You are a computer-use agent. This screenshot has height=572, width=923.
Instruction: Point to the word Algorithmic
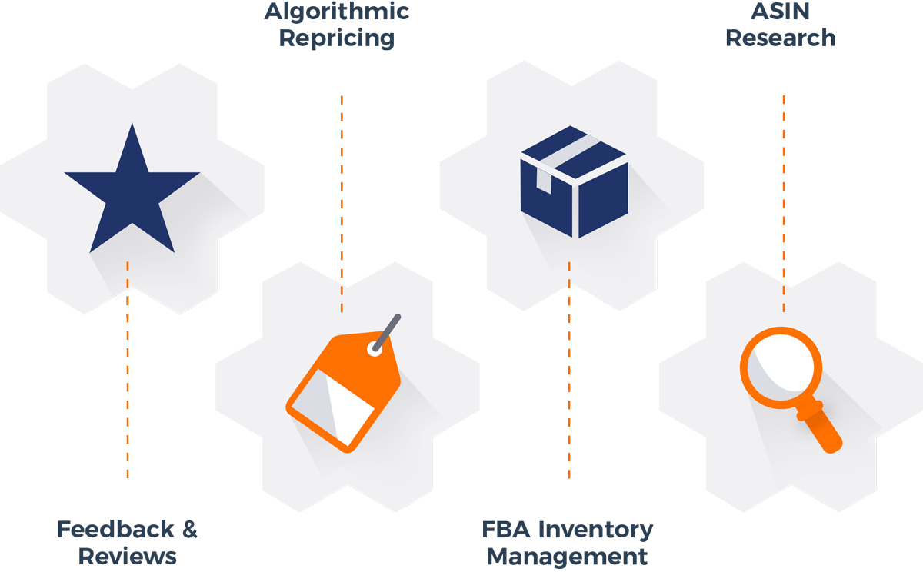(x=336, y=12)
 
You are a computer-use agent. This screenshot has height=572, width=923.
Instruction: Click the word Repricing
(x=336, y=38)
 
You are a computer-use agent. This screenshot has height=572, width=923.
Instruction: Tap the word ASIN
(x=781, y=12)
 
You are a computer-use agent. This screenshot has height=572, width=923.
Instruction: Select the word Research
(x=781, y=38)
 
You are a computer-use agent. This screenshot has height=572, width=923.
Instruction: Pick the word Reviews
(x=128, y=556)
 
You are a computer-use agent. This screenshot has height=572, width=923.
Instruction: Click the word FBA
(x=504, y=530)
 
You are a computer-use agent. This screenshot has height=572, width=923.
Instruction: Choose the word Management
(x=568, y=556)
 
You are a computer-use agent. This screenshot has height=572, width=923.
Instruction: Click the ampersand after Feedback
(x=187, y=530)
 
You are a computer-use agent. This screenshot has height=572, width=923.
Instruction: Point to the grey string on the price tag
(x=388, y=329)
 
